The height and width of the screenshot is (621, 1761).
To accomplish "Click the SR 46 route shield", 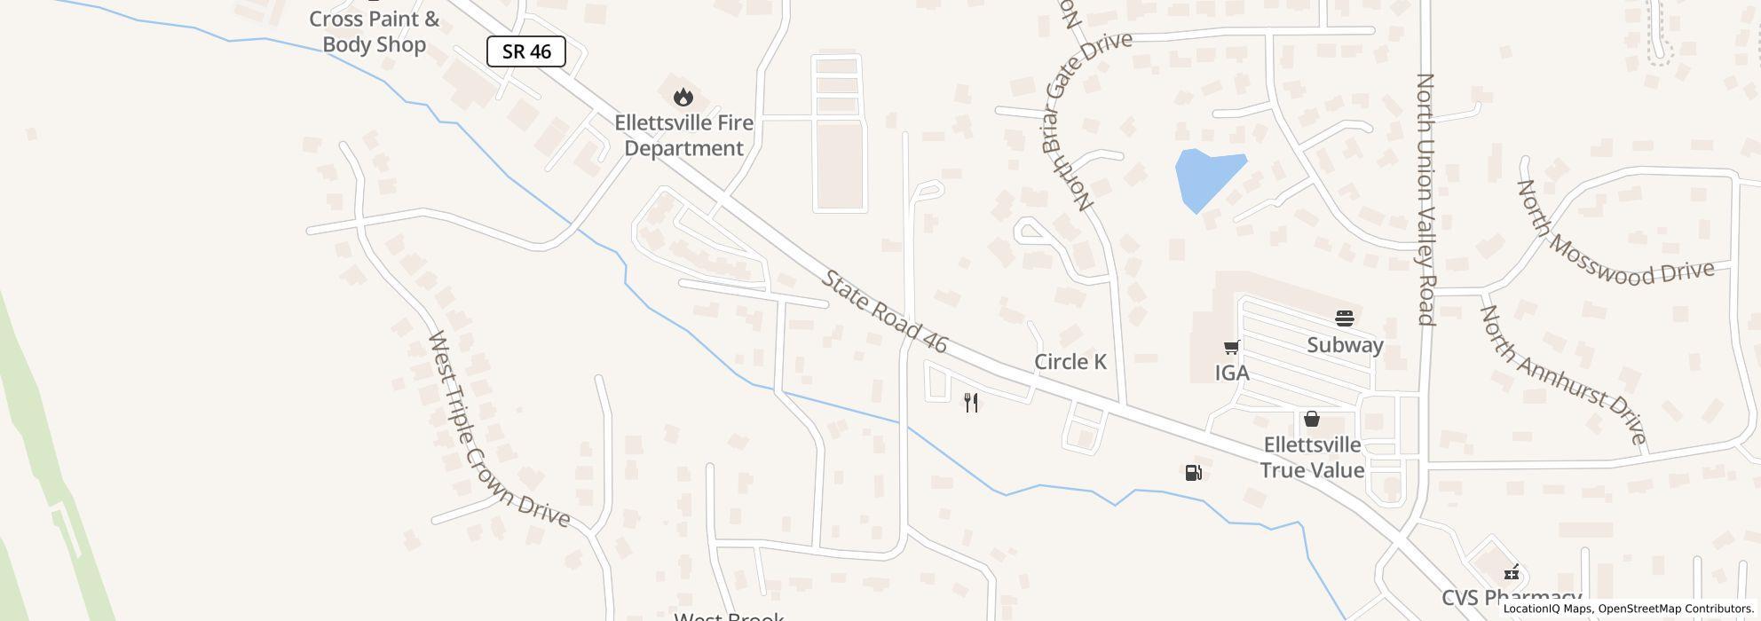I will (526, 51).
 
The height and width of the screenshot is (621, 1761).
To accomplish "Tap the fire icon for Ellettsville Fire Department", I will (683, 97).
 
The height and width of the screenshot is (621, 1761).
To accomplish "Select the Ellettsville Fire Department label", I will (683, 136).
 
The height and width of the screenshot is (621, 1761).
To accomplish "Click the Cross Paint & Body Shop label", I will (375, 32).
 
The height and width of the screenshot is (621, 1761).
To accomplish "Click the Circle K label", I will (1070, 362).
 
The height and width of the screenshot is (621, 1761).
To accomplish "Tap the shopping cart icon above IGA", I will (1231, 348).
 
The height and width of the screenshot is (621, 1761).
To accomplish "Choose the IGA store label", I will (1232, 373).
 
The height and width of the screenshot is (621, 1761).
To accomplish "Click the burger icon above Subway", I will (1345, 318).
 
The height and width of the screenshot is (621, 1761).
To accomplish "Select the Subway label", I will (1345, 345).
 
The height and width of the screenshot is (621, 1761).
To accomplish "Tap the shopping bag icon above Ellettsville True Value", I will (1312, 419).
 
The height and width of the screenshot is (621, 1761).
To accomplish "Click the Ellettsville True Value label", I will (1312, 457).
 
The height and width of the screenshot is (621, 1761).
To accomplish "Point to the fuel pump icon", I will (1194, 473).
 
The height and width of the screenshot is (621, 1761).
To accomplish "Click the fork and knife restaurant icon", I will (972, 404).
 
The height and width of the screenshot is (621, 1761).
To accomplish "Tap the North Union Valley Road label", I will (1425, 200).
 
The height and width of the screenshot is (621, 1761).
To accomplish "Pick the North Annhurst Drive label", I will (1563, 374).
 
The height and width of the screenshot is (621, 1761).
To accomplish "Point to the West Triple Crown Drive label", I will (497, 430).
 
